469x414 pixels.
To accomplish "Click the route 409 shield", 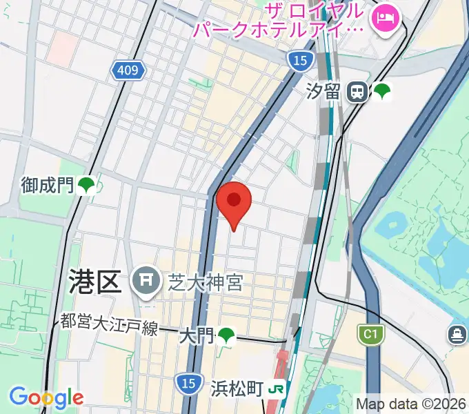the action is point(128,70).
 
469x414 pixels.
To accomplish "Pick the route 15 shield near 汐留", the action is point(299,61).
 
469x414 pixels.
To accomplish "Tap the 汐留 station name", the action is point(323,91).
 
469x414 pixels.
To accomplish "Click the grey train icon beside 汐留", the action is point(357,91).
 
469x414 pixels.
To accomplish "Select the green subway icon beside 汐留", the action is point(381,91).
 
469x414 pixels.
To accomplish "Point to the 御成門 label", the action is point(47,185).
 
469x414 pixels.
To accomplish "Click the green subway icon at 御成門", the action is point(86,185).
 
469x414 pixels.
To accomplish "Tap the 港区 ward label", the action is point(96,282).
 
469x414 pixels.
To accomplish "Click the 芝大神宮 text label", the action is point(205,281).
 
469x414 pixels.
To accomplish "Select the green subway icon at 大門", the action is point(226,336).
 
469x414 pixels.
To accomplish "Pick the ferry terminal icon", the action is point(457,335).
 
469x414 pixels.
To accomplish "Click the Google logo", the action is point(46,397).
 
